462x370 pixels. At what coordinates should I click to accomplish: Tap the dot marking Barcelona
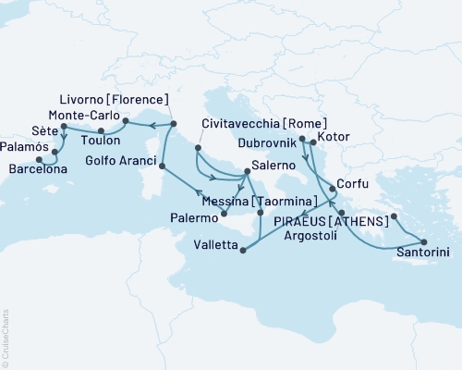click(x=39, y=158)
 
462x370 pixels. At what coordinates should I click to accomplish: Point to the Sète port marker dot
click(x=62, y=127)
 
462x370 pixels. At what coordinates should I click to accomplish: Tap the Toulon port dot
click(x=100, y=130)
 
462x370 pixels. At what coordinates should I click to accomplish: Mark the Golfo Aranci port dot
click(x=163, y=166)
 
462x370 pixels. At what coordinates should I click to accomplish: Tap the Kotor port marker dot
click(x=313, y=142)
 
